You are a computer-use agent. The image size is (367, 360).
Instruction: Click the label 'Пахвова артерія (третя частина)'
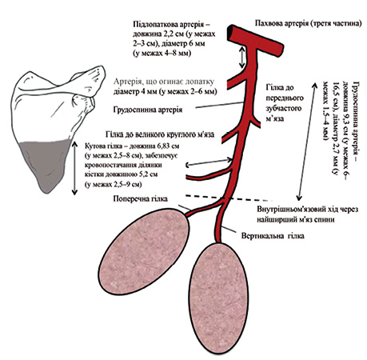[x=309, y=23]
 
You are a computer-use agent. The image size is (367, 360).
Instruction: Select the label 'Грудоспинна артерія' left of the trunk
[x=148, y=110]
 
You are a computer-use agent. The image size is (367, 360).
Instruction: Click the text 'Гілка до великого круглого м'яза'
[x=160, y=134]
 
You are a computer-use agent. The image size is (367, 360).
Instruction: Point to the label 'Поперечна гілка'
[x=141, y=199]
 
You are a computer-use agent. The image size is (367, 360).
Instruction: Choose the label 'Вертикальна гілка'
[x=273, y=236]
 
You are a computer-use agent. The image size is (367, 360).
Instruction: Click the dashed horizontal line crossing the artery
[x=228, y=198]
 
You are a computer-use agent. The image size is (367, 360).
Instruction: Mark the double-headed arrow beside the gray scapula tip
[x=74, y=168]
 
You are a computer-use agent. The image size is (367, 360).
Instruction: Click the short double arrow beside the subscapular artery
[x=242, y=57]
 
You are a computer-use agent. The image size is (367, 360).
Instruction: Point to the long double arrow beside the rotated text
[x=307, y=142]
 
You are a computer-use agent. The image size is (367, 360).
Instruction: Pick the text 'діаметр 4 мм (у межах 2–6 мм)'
[x=165, y=91]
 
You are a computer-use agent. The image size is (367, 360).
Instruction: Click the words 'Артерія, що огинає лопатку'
[x=164, y=82]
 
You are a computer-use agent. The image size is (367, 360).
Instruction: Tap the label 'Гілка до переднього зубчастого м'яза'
[x=285, y=103]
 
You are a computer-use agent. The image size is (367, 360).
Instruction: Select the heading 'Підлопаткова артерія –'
[x=172, y=24]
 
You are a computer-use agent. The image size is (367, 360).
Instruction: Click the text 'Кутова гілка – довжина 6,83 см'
[x=132, y=146]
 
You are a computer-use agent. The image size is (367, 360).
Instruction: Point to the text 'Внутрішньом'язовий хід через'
[x=308, y=210]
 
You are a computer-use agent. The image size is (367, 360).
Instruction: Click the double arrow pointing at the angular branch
[x=209, y=162]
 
